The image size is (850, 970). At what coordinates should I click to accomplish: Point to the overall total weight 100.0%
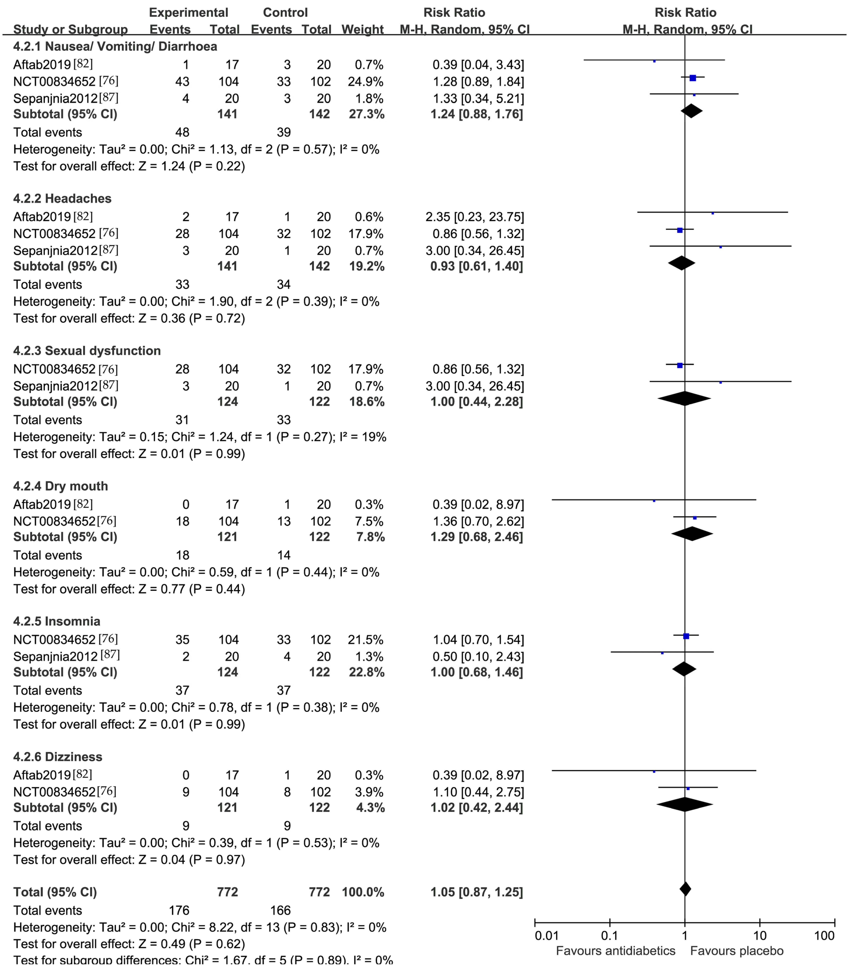coord(363,892)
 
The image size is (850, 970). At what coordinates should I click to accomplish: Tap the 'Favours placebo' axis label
coord(737,951)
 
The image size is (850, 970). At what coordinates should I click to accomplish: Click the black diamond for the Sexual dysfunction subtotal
coord(684,399)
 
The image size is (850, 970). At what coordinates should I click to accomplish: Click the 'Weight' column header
coord(362,29)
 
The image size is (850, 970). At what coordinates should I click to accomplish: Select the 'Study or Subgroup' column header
coord(70,29)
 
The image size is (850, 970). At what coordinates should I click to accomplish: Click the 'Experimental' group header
coord(188,12)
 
